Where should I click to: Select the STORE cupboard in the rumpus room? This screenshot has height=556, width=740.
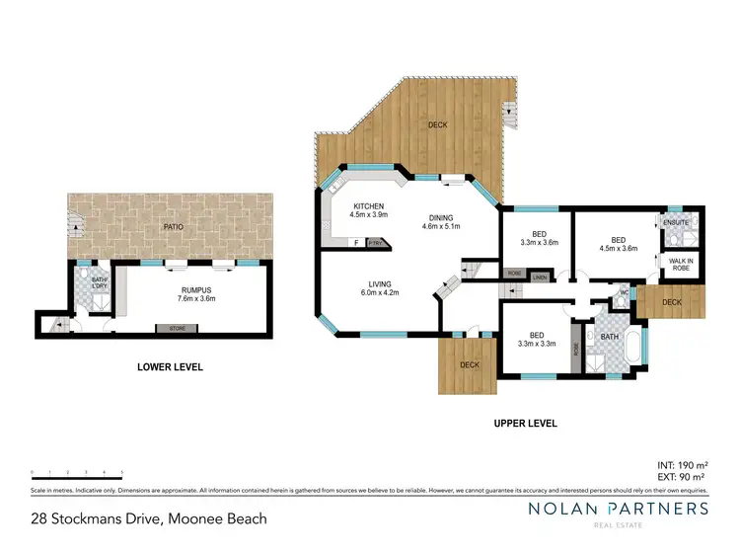click(x=176, y=329)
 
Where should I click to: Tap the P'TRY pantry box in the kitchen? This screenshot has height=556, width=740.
click(x=375, y=243)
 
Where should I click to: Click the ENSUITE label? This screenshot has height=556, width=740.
click(x=676, y=223)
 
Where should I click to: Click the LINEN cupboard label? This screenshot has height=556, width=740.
click(x=539, y=278)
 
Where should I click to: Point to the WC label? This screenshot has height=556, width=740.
click(x=624, y=292)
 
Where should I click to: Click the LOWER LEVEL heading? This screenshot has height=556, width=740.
click(x=170, y=367)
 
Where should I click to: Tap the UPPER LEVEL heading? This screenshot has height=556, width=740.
click(x=525, y=423)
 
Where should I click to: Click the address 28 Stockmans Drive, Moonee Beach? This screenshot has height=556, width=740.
click(x=148, y=517)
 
